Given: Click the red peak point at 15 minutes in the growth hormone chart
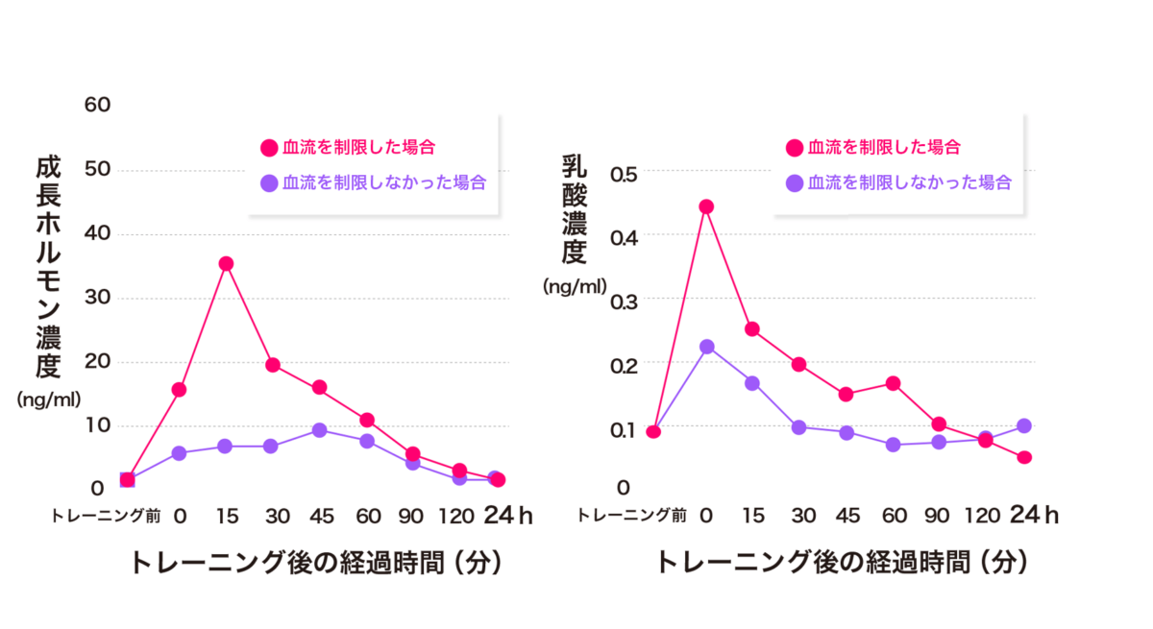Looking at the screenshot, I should tap(226, 263).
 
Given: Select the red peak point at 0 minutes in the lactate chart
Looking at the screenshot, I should tap(706, 206).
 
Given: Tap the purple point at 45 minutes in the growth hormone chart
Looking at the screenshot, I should tap(319, 430).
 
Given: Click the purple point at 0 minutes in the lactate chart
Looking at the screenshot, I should tap(706, 347).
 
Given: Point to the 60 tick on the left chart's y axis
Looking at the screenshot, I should tap(98, 105).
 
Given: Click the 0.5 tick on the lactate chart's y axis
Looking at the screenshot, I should tap(625, 174).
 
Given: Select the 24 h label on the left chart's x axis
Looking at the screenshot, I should tap(506, 516).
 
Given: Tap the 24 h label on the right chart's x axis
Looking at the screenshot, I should tap(1033, 516).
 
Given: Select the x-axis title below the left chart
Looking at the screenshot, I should tap(315, 563).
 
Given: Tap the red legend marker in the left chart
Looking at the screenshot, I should tap(268, 148).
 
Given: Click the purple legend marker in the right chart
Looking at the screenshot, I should tap(794, 182).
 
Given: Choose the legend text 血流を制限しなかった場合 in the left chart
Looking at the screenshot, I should tap(384, 182).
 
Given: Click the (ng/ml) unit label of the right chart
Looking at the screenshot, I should tap(575, 286).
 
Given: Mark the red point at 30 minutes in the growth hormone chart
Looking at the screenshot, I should tap(272, 365).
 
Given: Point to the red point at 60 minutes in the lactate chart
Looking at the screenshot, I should tap(893, 383).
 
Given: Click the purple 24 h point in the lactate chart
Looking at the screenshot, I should tap(1024, 425).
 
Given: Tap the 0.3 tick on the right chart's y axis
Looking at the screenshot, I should tap(625, 300).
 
